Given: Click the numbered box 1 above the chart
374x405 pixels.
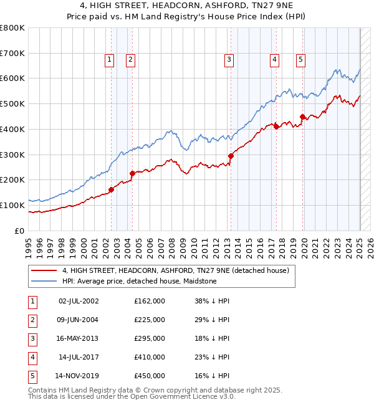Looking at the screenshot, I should point(109,60).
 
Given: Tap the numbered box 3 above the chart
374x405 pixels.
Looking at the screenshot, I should point(229,60).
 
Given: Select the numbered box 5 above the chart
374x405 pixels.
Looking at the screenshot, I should point(300,60).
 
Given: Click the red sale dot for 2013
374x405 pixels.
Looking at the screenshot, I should point(231,156).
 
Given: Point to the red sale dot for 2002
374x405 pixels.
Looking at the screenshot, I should point(111,189).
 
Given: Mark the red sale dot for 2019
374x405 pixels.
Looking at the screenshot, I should point(302,117).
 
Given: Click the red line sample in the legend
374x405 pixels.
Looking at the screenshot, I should point(44,271).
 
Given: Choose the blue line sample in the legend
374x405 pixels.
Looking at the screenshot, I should point(44,281).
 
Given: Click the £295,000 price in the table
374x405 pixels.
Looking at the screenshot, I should point(150,338).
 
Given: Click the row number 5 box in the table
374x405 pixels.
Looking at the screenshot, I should point(31,376).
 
